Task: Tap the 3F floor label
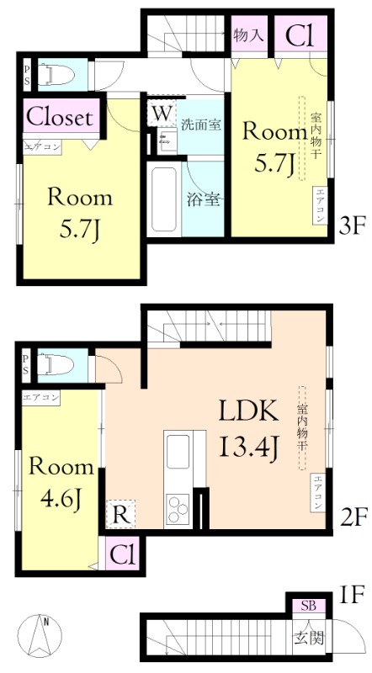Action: click(352, 225)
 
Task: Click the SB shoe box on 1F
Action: click(308, 606)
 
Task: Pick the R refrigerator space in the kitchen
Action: click(120, 514)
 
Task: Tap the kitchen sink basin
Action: click(178, 452)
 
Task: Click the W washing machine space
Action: click(162, 114)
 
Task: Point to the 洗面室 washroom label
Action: click(200, 125)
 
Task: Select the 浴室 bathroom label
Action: click(204, 199)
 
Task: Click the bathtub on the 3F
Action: click(163, 199)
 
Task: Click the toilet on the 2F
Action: click(56, 366)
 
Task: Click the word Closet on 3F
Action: click(60, 116)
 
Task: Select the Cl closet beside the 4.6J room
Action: click(123, 554)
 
